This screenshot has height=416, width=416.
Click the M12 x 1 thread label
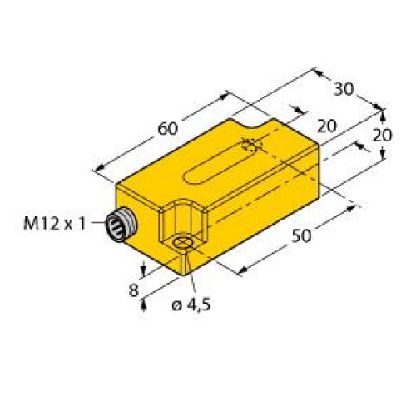point(54,224)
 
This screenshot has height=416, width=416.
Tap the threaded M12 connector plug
point(118,225)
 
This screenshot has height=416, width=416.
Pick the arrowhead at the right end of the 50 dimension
point(354,202)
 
